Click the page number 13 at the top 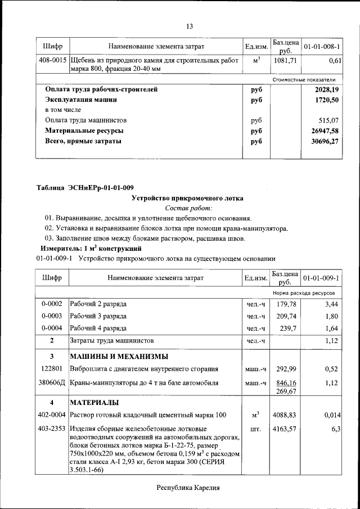[x=190, y=26]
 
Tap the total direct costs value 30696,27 [x=325, y=141]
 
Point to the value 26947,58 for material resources [x=325, y=131]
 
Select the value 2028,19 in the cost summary [x=327, y=89]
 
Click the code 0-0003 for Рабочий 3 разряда [x=52, y=316]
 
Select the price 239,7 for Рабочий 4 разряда [x=287, y=328]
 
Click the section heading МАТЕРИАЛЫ [x=94, y=403]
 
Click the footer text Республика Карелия [x=188, y=488]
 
